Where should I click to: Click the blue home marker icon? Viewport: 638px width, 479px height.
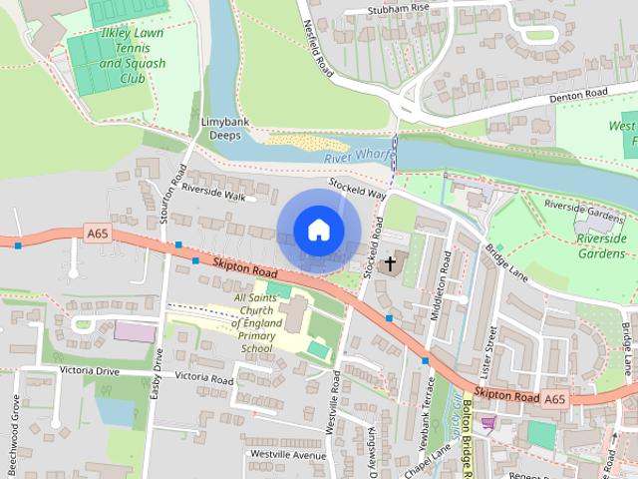(x=318, y=230)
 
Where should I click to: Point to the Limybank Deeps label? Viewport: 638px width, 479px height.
(x=225, y=129)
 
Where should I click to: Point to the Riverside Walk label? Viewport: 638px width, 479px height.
(x=212, y=197)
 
